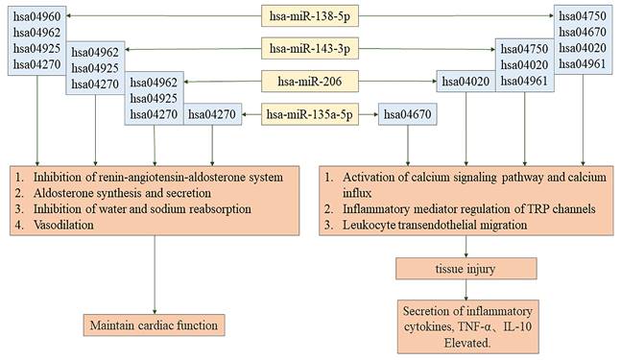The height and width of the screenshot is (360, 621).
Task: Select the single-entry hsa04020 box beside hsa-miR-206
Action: click(466, 82)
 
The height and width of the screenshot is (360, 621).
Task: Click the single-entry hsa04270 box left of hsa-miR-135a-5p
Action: click(210, 115)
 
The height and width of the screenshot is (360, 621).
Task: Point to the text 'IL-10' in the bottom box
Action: click(524, 325)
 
